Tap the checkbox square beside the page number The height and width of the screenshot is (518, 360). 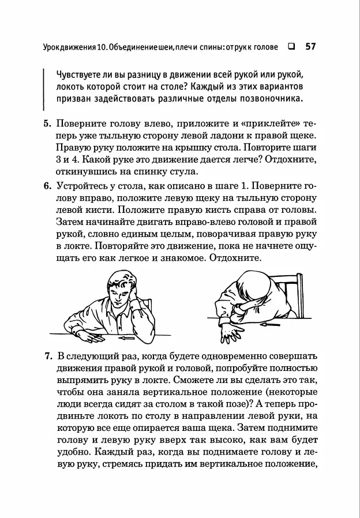tap(291, 47)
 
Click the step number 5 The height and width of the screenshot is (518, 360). tap(47, 124)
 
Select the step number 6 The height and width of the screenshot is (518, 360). tap(47, 186)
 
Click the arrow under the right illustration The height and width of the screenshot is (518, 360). tap(268, 326)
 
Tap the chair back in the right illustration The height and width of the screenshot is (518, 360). tap(297, 294)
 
